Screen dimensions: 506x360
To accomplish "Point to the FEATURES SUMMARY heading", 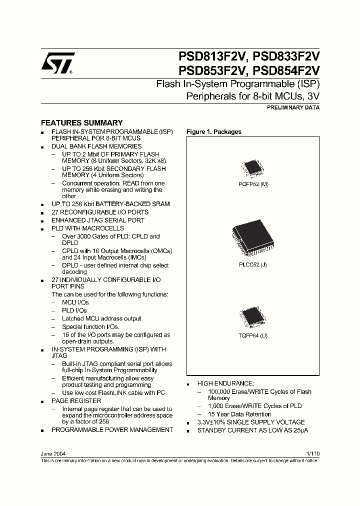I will [x=81, y=123].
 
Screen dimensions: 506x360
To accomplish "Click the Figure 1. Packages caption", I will [x=213, y=132].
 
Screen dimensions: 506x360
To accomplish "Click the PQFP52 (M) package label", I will [x=253, y=184].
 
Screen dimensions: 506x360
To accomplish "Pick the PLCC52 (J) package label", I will [x=253, y=264].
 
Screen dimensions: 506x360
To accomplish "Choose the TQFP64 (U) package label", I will [x=253, y=335].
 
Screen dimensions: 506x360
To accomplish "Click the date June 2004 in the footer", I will [x=52, y=453].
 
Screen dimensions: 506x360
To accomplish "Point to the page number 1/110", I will [x=312, y=453].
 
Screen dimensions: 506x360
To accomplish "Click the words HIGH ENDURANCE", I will [x=225, y=383].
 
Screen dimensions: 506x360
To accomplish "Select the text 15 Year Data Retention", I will [x=239, y=414].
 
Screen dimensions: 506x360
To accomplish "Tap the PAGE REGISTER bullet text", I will [x=76, y=401].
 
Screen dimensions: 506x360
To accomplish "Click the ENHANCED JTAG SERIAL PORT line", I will [x=98, y=220].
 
